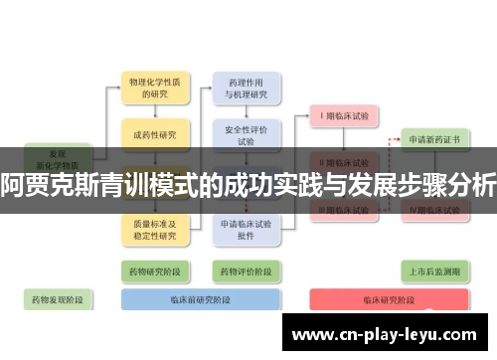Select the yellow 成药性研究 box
[153, 134]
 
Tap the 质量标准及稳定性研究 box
[153, 230]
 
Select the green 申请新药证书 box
[434, 140]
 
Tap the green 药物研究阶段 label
[153, 270]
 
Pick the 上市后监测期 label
[433, 270]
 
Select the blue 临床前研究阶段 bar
[199, 298]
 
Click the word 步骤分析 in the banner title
[437, 185]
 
